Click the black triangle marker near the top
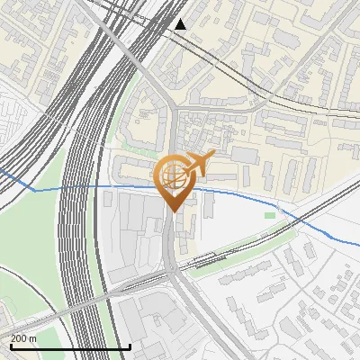181,24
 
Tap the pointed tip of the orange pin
172,211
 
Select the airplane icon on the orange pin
198,164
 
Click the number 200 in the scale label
19,338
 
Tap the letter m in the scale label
33,338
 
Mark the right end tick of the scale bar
130,346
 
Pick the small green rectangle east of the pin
269,215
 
